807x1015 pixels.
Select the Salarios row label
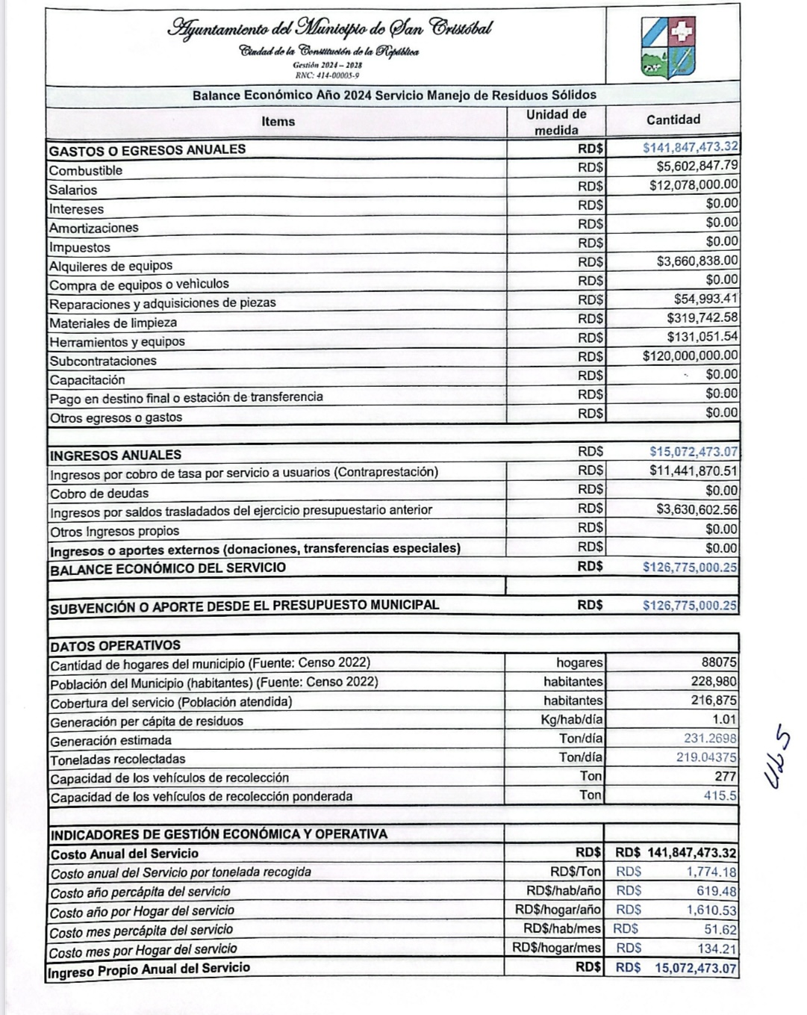(73, 190)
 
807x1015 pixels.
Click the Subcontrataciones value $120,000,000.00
(690, 356)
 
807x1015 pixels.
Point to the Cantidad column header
(673, 120)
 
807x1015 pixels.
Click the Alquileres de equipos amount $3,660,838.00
(697, 261)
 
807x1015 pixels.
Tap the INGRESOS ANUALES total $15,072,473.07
(694, 452)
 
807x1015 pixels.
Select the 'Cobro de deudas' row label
(99, 494)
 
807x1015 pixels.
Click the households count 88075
(718, 662)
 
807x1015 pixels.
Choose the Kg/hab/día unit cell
(572, 720)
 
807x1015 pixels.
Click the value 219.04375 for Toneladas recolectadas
(706, 757)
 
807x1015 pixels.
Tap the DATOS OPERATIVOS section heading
(115, 645)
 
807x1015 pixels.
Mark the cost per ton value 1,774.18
(711, 872)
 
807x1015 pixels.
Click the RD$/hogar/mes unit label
(556, 948)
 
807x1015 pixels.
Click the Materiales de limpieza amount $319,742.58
(702, 318)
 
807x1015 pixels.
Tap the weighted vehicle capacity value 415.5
(720, 796)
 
